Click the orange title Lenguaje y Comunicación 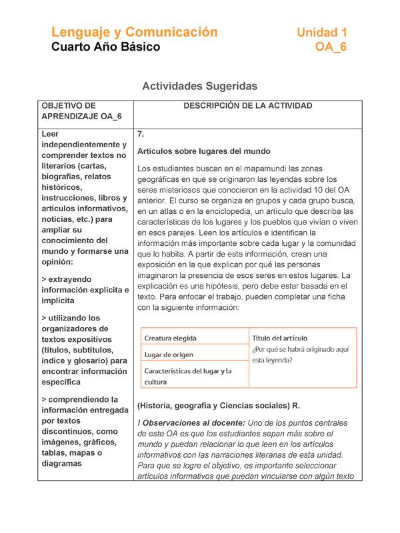[x=135, y=32]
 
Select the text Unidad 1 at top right [x=321, y=32]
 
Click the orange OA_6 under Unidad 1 [x=331, y=47]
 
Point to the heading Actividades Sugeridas [x=200, y=86]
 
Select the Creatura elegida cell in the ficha [x=171, y=338]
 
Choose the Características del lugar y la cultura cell [x=188, y=376]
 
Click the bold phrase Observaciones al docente [x=192, y=423]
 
